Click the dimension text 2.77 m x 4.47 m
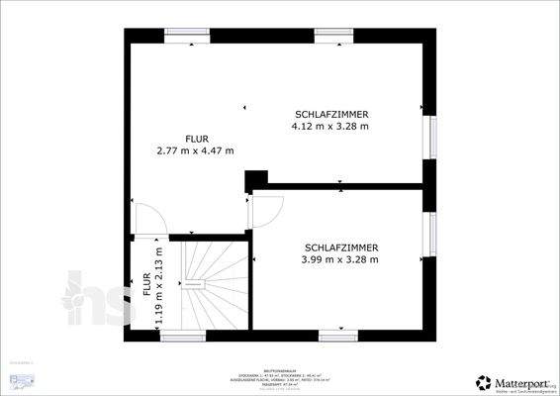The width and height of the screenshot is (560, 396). tap(195, 150)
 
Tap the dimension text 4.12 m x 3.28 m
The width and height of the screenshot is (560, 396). tap(330, 126)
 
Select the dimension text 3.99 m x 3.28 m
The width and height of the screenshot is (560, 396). tap(340, 259)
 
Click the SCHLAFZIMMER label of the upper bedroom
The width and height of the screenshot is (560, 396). tap(330, 114)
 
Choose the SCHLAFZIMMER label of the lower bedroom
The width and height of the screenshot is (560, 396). tap(341, 247)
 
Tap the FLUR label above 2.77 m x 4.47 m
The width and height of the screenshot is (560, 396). tap(195, 139)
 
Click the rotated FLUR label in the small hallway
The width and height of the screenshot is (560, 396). tap(147, 285)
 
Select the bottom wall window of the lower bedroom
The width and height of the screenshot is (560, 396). tap(333, 338)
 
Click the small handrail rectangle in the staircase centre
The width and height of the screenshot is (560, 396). tap(196, 282)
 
